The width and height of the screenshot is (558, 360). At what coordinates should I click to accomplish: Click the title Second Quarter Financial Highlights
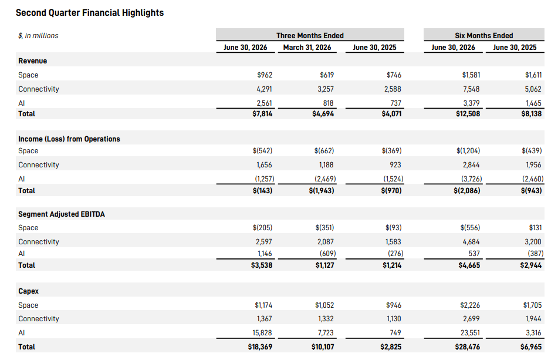point(90,13)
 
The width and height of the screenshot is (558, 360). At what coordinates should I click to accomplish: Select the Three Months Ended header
point(310,36)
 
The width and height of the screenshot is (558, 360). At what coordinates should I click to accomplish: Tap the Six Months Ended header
point(484,36)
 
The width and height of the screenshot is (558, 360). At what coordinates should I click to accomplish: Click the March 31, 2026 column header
point(307,48)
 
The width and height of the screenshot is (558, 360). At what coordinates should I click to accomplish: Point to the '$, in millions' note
point(39,36)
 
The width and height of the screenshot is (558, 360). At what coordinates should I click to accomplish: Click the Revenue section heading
point(33,61)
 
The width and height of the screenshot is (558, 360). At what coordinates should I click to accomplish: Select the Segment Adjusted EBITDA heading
point(62,214)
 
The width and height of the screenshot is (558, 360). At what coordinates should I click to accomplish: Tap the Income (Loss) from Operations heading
point(69,139)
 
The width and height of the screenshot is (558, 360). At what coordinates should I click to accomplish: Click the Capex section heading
point(29,291)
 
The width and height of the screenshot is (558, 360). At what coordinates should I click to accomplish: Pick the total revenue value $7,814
point(262,114)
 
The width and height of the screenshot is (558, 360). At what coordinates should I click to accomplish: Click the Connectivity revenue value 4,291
point(264,89)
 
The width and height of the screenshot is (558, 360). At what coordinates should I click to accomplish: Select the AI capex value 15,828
point(262,332)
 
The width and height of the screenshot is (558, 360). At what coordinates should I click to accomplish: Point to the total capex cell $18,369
point(260,347)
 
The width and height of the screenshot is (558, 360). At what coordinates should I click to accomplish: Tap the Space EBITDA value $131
point(535,227)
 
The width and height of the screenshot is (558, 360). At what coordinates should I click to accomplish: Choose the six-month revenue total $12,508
point(468,114)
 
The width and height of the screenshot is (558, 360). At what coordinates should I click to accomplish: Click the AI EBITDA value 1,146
point(265,254)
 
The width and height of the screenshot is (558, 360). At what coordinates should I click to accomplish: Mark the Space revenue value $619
point(327,75)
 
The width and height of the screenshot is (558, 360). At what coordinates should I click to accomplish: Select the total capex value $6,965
point(531,347)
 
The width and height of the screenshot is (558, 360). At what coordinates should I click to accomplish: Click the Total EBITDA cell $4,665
point(469,265)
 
